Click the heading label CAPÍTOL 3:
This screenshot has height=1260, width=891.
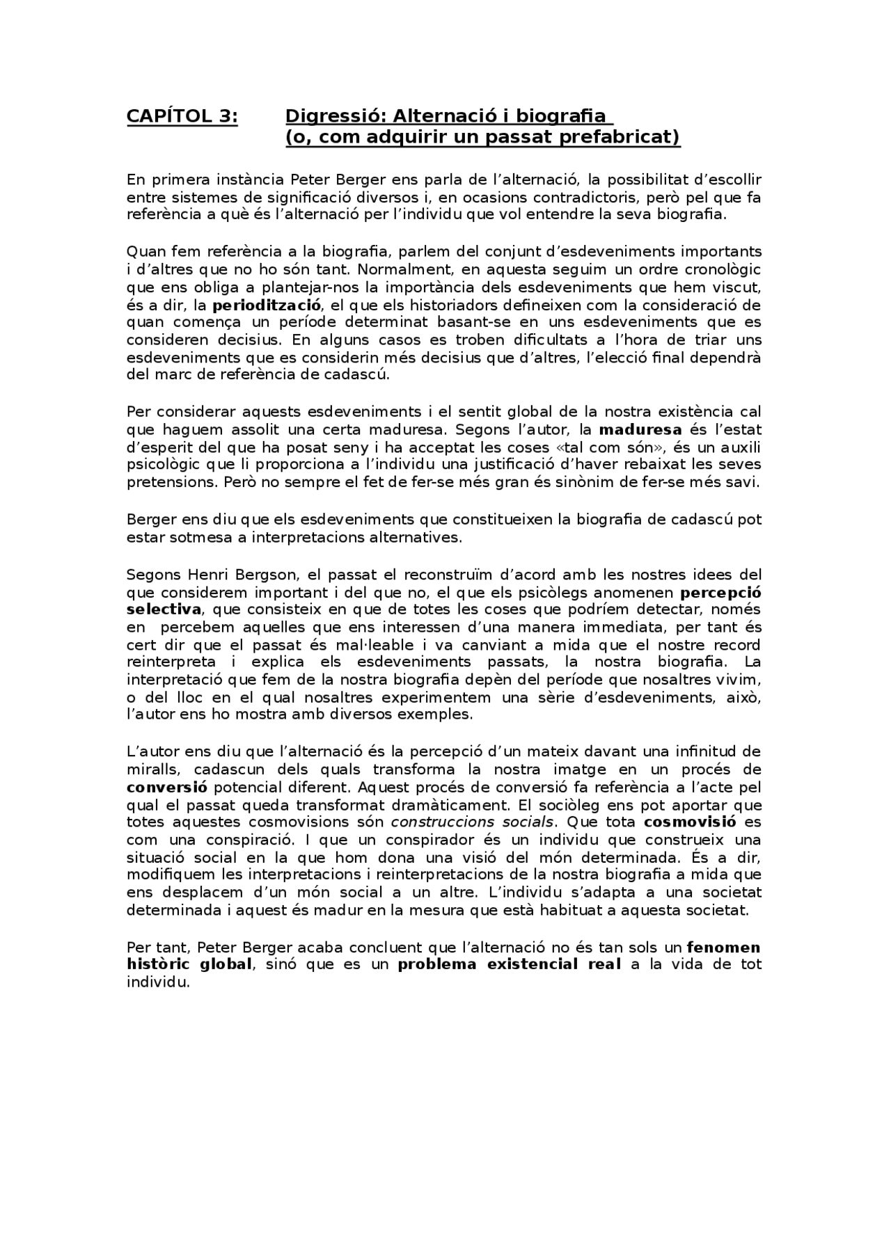(x=182, y=116)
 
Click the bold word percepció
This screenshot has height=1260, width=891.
(x=720, y=593)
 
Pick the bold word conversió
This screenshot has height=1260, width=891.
(x=167, y=788)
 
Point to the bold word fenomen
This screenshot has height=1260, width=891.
(x=723, y=948)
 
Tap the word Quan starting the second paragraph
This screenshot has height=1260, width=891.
(x=143, y=251)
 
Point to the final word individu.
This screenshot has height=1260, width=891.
(x=158, y=983)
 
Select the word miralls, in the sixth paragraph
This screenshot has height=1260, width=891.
(x=152, y=769)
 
